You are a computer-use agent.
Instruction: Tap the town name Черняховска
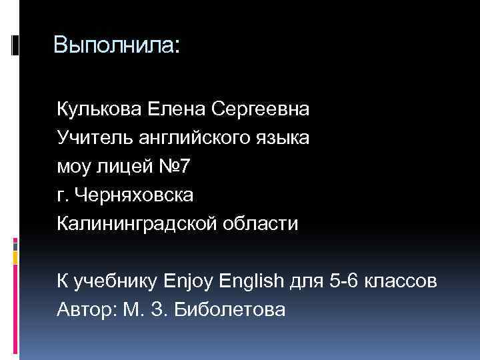tap(135, 195)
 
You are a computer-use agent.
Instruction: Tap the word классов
tap(403, 281)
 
